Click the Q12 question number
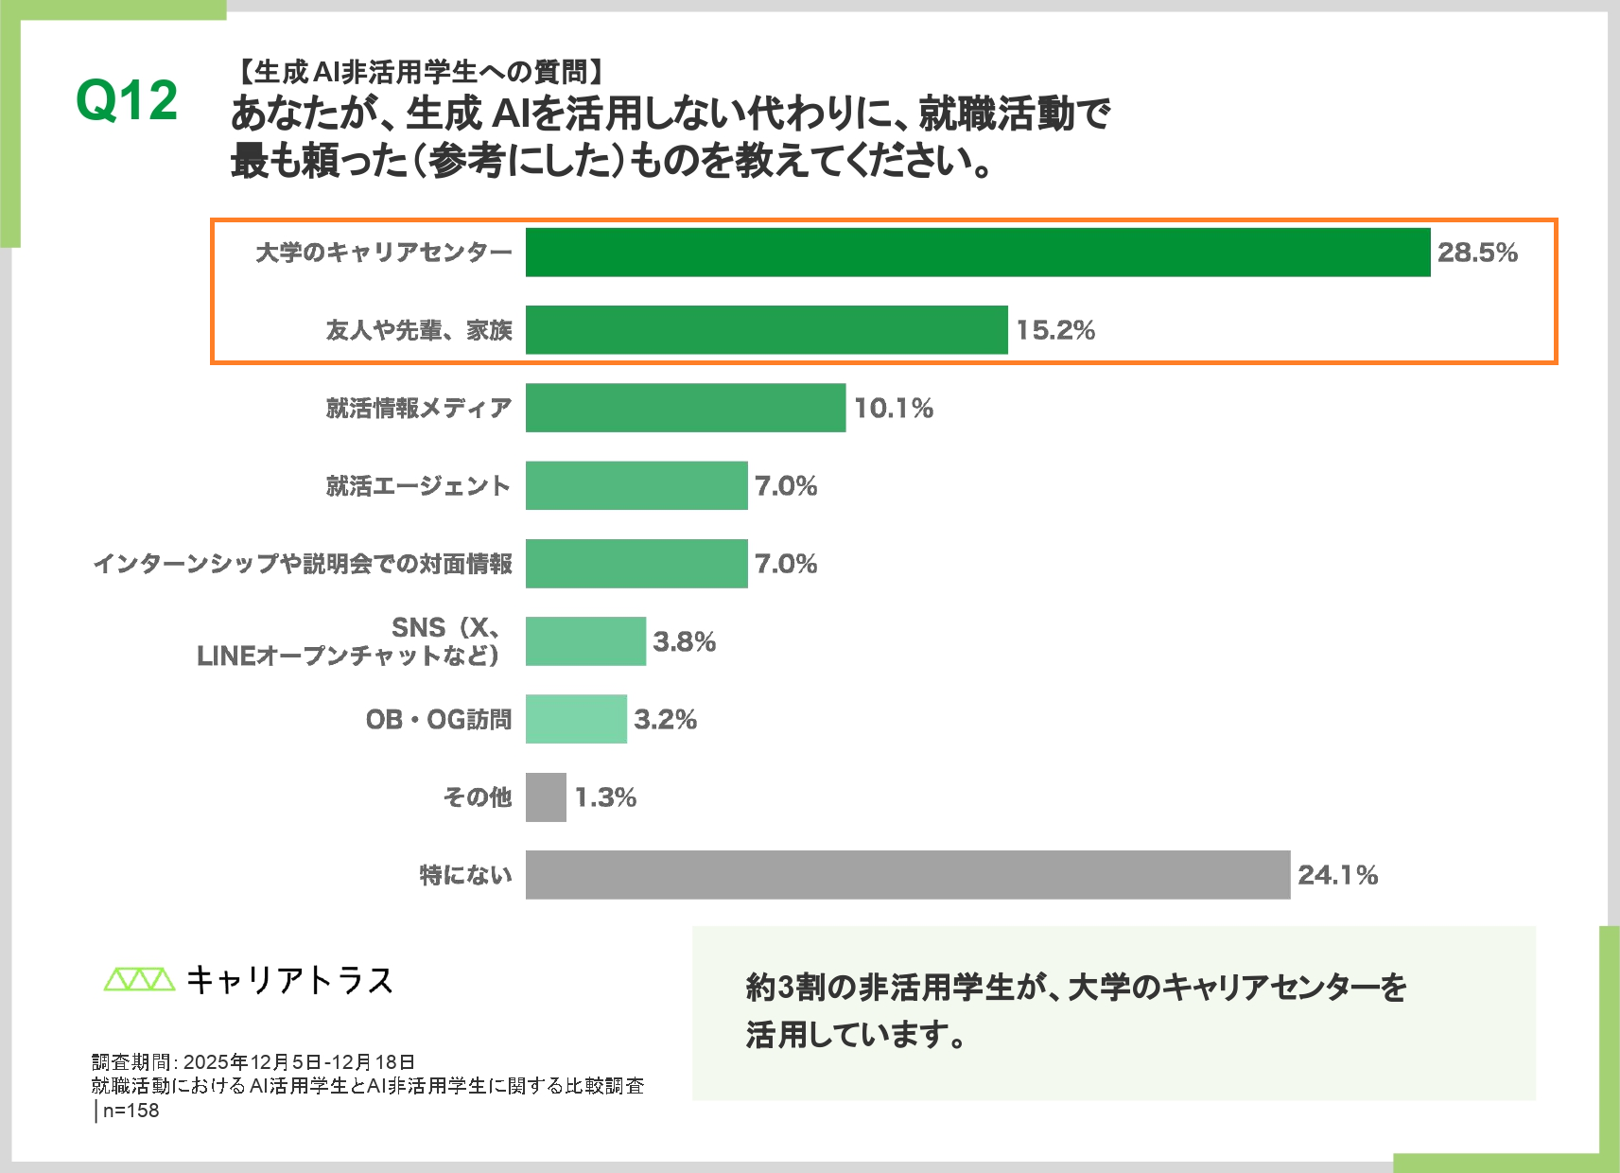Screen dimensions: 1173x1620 tap(127, 100)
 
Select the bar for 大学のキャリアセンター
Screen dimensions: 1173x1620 tap(977, 253)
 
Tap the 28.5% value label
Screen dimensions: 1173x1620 tap(1476, 253)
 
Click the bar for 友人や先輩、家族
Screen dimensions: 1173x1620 tap(766, 330)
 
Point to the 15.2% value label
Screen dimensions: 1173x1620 tap(1054, 330)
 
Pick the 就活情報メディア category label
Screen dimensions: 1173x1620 tap(419, 408)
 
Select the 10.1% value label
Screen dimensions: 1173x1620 tap(893, 408)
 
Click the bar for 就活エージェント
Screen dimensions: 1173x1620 tap(636, 485)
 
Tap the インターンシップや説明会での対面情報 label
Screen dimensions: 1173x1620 tap(303, 564)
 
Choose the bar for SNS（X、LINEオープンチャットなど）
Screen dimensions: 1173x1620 tap(585, 641)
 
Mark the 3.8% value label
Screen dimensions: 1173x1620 tap(684, 641)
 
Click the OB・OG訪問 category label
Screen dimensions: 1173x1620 tap(439, 720)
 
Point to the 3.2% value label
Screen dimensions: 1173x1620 tap(665, 720)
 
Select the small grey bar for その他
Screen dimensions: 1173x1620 tap(546, 797)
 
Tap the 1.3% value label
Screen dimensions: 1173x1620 tap(605, 797)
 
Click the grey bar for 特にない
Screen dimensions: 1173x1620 tap(907, 875)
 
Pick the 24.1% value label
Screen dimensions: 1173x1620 tap(1336, 875)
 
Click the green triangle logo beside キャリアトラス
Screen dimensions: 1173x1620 tap(139, 979)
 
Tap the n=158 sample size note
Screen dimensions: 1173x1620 tap(131, 1111)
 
